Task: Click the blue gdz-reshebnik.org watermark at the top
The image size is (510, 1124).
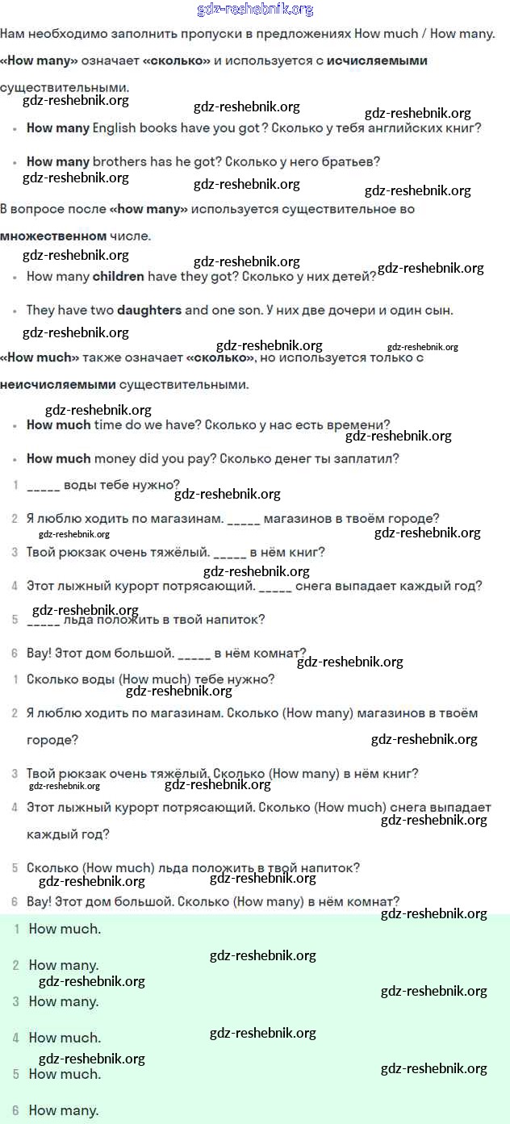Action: [255, 10]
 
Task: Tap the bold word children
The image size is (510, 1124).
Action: [119, 276]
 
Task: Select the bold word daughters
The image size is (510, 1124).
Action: [149, 310]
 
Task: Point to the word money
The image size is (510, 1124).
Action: [115, 458]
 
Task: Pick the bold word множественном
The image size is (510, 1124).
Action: [53, 236]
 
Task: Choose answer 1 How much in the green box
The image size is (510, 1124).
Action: [65, 929]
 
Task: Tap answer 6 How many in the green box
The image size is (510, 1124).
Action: [64, 1110]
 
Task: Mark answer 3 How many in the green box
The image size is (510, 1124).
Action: [64, 1001]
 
